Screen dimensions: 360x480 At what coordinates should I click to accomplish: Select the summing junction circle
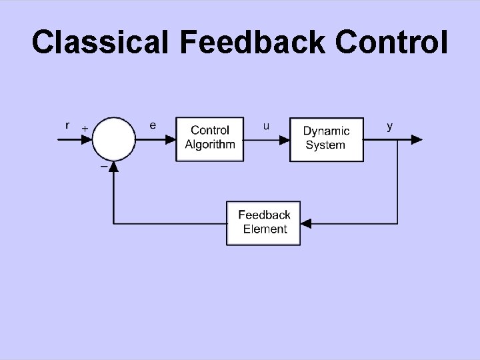pyautogui.click(x=114, y=139)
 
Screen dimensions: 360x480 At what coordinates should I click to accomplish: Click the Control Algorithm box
pyautogui.click(x=210, y=139)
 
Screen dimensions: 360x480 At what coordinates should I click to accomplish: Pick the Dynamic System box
pyautogui.click(x=326, y=139)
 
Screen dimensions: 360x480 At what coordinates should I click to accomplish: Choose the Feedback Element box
pyautogui.click(x=263, y=223)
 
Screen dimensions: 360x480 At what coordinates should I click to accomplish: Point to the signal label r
pyautogui.click(x=67, y=125)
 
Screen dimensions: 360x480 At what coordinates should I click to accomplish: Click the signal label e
pyautogui.click(x=153, y=125)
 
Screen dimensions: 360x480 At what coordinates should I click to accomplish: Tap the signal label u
pyautogui.click(x=267, y=125)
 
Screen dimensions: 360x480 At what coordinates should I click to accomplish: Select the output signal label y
pyautogui.click(x=390, y=125)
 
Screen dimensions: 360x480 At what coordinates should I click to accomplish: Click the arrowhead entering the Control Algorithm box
pyautogui.click(x=170, y=139)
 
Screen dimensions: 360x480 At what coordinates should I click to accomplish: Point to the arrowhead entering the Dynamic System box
pyautogui.click(x=283, y=139)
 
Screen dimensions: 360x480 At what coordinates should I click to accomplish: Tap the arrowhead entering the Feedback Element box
pyautogui.click(x=307, y=223)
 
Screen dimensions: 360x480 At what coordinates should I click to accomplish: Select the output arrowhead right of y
pyautogui.click(x=416, y=139)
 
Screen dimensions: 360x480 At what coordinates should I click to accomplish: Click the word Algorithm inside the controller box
pyautogui.click(x=210, y=145)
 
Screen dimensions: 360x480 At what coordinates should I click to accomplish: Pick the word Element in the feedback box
pyautogui.click(x=265, y=229)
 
